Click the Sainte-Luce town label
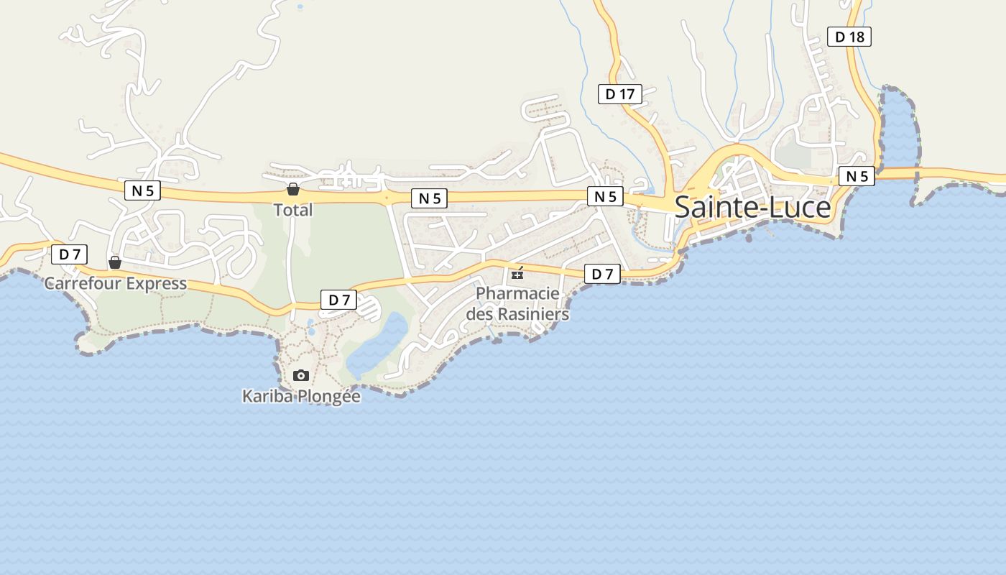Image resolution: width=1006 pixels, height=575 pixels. pos(752,207)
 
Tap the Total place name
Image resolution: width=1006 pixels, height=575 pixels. pos(293,210)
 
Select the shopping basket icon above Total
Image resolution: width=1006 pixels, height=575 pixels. pos(293,189)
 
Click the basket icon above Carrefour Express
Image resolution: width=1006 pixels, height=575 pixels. pos(115,262)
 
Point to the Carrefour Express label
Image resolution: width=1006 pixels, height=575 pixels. pos(116,283)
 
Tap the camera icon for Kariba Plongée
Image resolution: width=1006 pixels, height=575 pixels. pos(301,375)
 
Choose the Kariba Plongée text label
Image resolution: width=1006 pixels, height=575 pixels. pos(301,396)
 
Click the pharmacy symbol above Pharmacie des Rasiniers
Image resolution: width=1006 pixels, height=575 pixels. pos(517,273)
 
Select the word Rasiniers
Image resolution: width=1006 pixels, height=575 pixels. pos(533,314)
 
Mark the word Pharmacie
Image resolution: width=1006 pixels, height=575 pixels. pos(517,293)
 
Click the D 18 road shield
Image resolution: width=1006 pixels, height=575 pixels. pos(849,37)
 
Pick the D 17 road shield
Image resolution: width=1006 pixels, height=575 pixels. pos(620,93)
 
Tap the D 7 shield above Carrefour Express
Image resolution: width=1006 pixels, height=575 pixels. pos(69,254)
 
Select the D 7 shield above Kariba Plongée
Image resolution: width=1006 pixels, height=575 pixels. pos(338,300)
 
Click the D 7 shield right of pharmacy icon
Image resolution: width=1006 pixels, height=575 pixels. pos(602,274)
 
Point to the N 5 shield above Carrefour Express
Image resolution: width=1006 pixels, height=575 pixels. pos(142,190)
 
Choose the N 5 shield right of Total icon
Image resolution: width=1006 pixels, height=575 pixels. pos(430,198)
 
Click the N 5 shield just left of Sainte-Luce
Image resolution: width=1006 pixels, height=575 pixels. pos(605,196)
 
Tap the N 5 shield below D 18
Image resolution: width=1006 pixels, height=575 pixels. pos(857,176)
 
